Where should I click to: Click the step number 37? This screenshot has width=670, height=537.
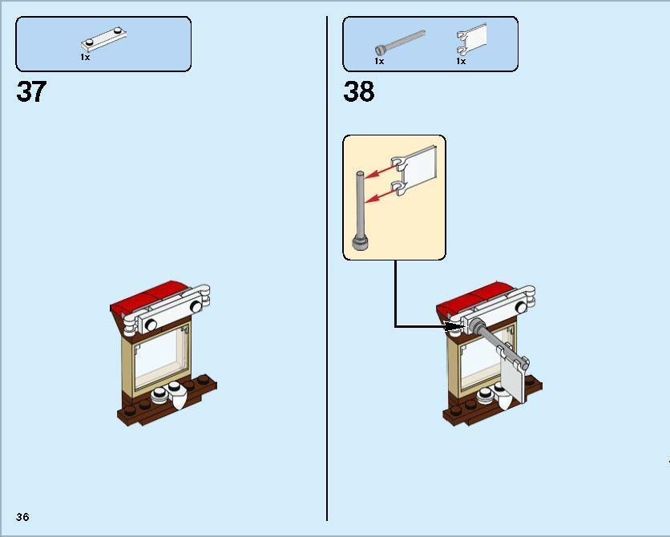tap(31, 91)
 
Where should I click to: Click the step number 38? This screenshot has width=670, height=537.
tap(359, 91)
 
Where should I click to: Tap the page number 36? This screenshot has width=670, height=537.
tap(22, 517)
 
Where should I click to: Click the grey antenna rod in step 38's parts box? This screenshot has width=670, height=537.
tap(400, 42)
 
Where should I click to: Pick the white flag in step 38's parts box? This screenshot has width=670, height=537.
tap(472, 38)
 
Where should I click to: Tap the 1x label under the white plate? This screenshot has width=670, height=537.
tap(85, 57)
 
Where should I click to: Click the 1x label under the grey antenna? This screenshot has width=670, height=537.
tap(379, 61)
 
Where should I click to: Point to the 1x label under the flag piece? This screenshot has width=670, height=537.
tap(461, 61)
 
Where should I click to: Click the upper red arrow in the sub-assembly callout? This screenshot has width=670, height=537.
tap(380, 171)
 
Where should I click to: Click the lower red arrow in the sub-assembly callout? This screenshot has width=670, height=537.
tap(380, 196)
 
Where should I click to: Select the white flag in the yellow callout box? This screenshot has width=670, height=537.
tap(414, 171)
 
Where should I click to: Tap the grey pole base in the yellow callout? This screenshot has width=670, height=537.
tap(360, 243)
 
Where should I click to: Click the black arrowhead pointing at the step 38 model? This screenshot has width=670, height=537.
tap(454, 326)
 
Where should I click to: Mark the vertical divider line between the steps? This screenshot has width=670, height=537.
tap(327, 268)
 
